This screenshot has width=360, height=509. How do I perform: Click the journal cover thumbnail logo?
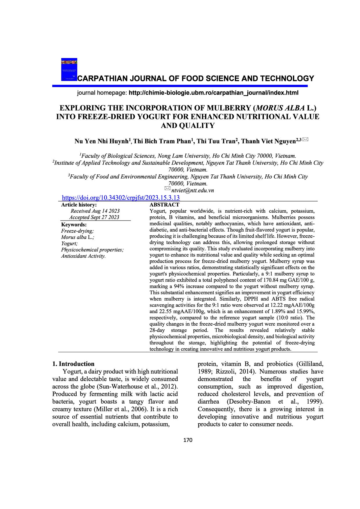(x=69, y=69)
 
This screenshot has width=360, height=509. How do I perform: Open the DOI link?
(x=121, y=198)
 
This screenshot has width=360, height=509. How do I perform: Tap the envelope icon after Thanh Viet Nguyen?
(x=305, y=140)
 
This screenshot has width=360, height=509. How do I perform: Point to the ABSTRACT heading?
(x=164, y=205)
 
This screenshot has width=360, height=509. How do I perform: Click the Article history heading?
(x=79, y=205)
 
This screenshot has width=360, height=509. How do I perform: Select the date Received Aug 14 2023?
(x=95, y=211)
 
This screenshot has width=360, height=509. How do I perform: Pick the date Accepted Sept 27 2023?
(x=94, y=217)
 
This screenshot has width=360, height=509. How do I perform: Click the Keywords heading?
(x=74, y=225)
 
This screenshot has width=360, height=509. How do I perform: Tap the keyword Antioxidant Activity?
(x=83, y=256)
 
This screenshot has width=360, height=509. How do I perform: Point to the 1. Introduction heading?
(x=73, y=364)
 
